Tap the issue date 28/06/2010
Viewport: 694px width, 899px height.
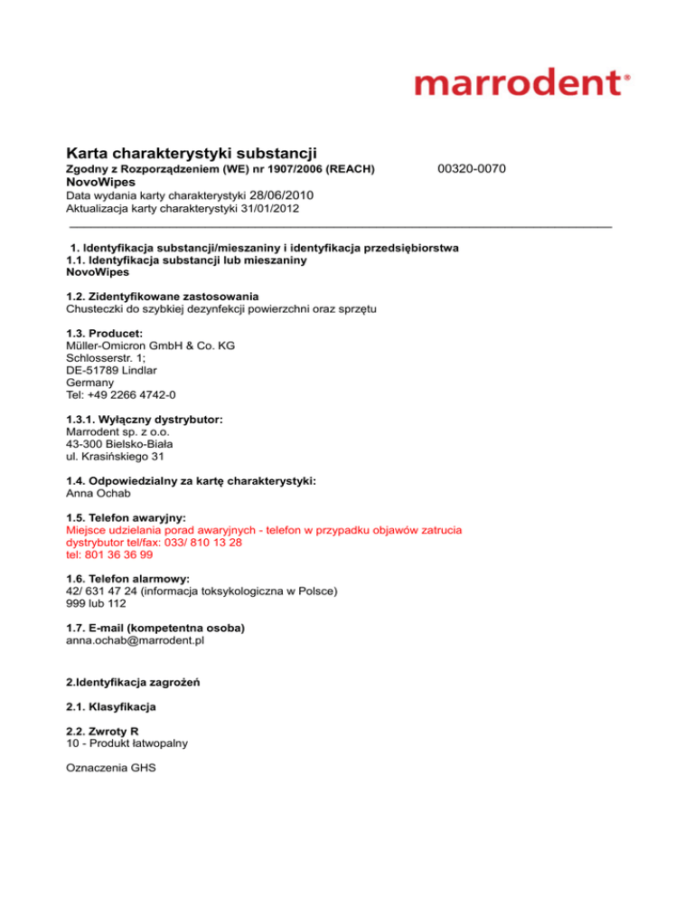click(x=281, y=194)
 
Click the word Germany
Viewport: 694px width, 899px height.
click(x=90, y=383)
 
